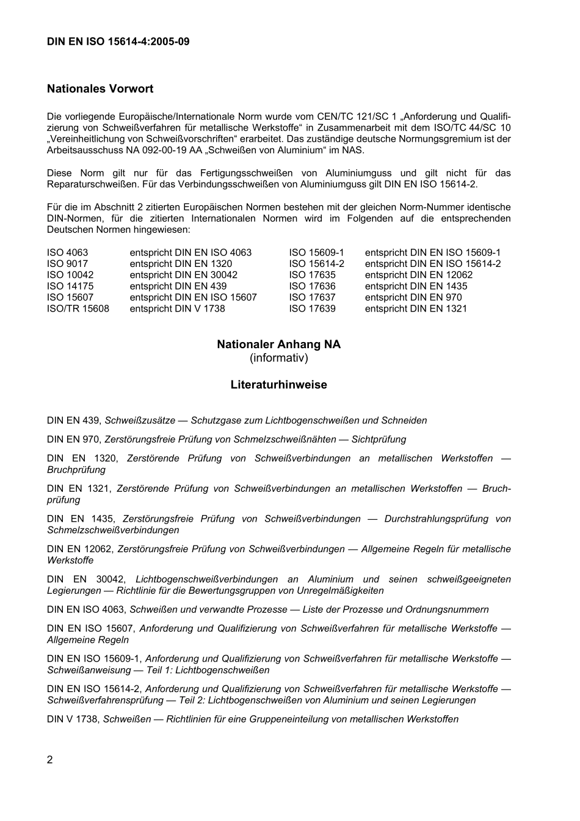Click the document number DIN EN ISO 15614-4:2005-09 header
[118, 42]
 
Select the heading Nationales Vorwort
[100, 89]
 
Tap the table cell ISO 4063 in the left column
[67, 252]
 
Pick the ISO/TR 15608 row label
[78, 308]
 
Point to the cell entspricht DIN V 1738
[177, 308]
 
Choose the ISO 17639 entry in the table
[312, 308]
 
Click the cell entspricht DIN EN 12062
[419, 275]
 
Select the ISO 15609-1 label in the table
[317, 252]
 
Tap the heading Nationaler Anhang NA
[279, 345]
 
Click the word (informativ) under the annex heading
[279, 358]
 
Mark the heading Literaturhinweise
[279, 385]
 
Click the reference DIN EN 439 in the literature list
[73, 420]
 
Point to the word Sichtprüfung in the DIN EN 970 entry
[377, 439]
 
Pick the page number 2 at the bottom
[50, 760]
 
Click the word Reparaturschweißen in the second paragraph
[90, 184]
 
